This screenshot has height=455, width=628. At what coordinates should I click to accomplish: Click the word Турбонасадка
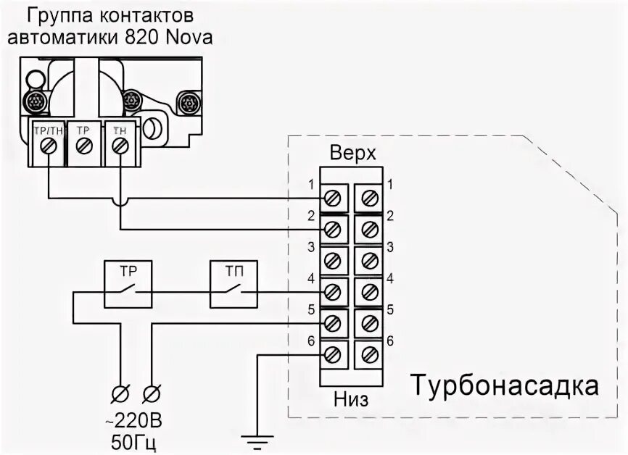tap(506, 385)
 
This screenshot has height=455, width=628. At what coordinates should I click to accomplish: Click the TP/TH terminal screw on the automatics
tap(48, 146)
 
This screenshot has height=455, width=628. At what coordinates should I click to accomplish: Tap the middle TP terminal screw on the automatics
tap(84, 146)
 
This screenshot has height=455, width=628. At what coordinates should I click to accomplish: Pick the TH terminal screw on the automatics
tap(120, 146)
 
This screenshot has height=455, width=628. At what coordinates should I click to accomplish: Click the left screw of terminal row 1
tap(334, 197)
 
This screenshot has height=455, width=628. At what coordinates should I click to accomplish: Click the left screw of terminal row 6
tap(334, 355)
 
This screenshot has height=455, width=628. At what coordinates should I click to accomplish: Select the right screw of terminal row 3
tap(369, 260)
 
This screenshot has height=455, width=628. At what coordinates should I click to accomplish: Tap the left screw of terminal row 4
tap(334, 292)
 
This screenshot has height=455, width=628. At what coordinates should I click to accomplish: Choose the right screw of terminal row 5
tap(369, 323)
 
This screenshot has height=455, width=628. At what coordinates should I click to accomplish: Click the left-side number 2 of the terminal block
tap(310, 216)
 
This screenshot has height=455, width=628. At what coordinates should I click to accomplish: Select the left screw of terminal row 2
tap(334, 229)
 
